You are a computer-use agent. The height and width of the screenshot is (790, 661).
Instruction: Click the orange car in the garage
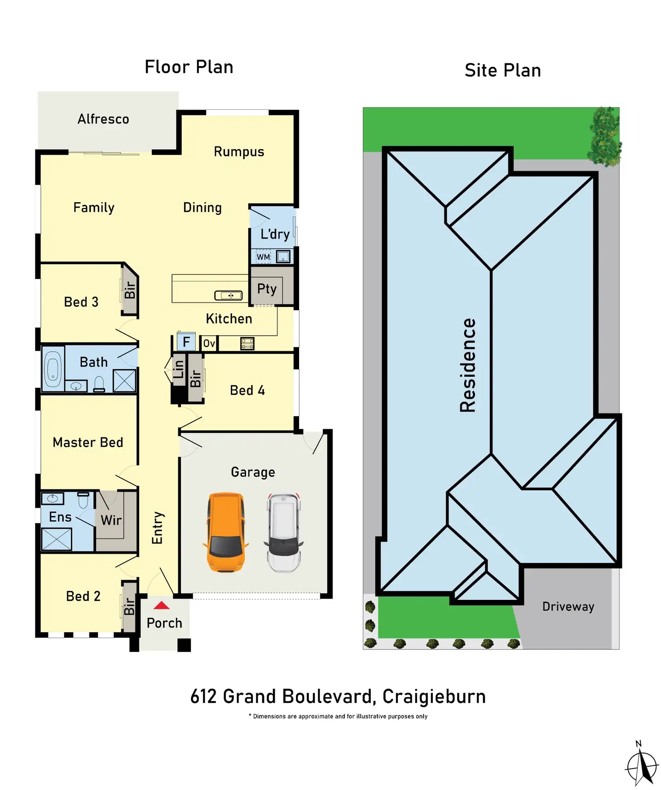click(226, 532)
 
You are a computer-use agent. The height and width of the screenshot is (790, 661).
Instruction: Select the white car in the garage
click(284, 532)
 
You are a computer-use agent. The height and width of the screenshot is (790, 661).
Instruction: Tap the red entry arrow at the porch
click(162, 606)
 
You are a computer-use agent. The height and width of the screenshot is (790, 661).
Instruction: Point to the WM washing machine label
click(263, 257)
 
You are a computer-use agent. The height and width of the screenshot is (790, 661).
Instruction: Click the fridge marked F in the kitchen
click(186, 342)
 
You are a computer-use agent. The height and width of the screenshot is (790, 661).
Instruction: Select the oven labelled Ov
click(209, 343)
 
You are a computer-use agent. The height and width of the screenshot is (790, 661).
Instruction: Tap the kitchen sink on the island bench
click(229, 295)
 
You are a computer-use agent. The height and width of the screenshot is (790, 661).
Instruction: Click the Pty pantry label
click(267, 288)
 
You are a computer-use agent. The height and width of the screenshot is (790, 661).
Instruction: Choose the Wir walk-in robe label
click(111, 520)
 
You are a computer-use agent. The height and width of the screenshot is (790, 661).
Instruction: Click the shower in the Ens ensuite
click(57, 539)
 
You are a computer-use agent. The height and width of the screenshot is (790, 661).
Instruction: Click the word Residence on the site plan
click(468, 365)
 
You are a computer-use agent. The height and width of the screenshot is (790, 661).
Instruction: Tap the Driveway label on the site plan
click(568, 607)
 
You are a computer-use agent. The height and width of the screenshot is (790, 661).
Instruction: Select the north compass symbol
click(642, 764)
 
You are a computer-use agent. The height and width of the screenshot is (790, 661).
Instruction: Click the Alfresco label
click(103, 119)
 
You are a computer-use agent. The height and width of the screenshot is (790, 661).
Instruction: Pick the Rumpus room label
click(239, 152)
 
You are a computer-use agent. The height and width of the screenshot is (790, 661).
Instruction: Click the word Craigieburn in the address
click(434, 697)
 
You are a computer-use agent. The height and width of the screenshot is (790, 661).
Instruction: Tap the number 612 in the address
click(203, 697)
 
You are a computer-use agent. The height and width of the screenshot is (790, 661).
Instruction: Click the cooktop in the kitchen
click(247, 343)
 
